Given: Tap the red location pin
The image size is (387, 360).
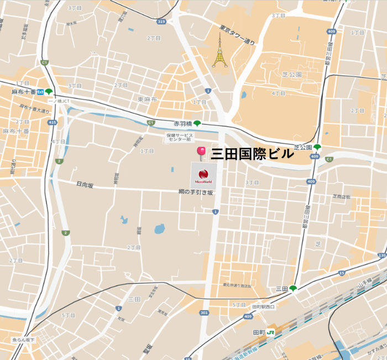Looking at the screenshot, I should [x=201, y=153].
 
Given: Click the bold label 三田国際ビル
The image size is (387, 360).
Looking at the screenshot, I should [x=252, y=154].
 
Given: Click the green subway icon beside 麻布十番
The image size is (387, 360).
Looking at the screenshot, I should [x=50, y=92].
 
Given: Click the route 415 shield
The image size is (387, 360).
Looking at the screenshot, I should [x=53, y=122].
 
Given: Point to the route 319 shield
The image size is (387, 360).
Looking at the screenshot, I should [x=161, y=22].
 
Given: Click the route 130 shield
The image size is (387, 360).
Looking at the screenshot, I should [x=382, y=255].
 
